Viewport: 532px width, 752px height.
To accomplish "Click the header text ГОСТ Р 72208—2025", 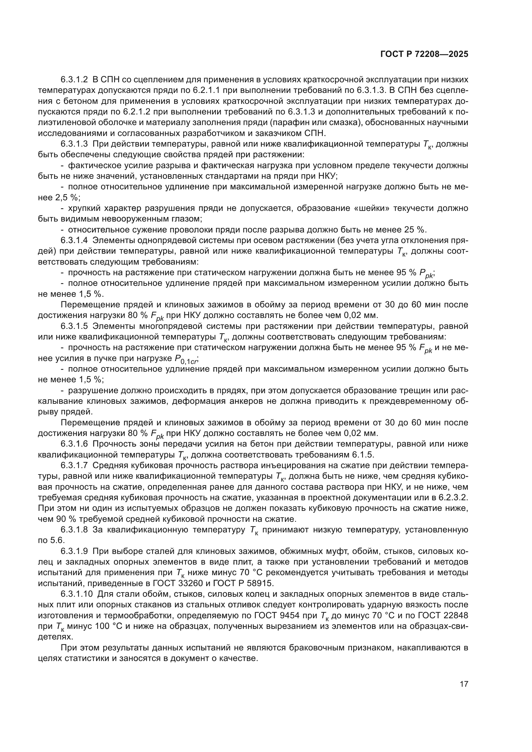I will (x=424, y=54).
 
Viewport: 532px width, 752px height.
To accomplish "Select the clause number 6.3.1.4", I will (x=74, y=240).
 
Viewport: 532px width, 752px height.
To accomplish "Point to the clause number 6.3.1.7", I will (x=74, y=466).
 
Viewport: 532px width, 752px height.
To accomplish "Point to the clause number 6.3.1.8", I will (x=74, y=530).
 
